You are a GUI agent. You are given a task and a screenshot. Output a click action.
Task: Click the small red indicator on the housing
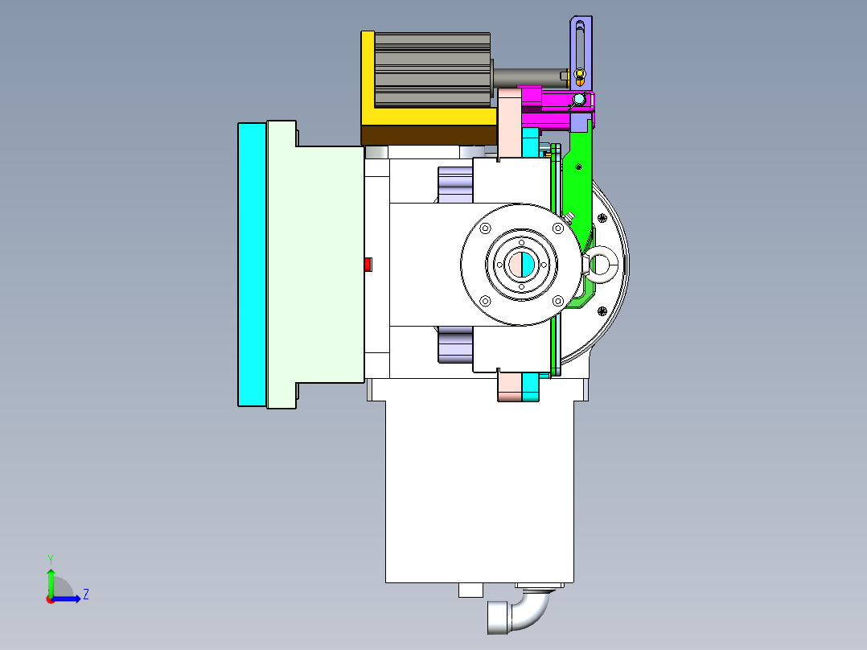368,264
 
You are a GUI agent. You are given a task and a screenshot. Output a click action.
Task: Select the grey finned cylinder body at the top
433,69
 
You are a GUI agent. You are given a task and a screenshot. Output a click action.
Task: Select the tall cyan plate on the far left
251,264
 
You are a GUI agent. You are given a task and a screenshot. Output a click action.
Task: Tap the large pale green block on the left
314,264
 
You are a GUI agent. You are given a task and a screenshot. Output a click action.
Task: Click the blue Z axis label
85,594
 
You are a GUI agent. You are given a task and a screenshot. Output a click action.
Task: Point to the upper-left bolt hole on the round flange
485,228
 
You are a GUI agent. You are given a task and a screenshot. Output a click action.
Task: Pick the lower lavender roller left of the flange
454,346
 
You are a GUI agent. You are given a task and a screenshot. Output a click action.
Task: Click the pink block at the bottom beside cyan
509,386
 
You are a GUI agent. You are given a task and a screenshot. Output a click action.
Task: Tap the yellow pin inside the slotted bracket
580,77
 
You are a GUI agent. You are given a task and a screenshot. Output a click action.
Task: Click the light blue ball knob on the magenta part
578,100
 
